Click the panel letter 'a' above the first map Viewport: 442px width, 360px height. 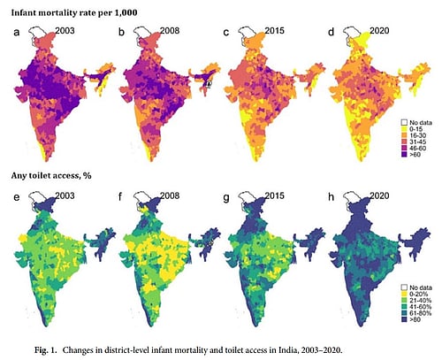[16, 34]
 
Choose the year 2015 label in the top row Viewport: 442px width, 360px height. [273, 32]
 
